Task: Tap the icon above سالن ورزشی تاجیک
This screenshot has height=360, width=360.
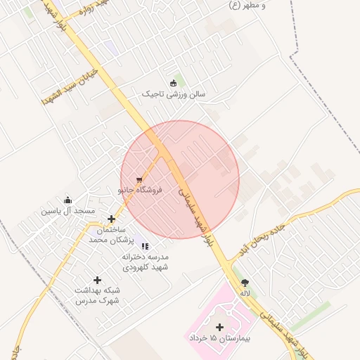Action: tap(173, 83)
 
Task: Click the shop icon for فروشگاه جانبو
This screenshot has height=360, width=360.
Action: tap(140, 179)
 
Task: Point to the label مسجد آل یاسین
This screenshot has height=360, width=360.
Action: tap(67, 210)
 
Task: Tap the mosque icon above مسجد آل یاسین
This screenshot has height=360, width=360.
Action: tap(67, 200)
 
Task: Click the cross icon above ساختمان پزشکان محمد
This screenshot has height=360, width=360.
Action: tap(111, 219)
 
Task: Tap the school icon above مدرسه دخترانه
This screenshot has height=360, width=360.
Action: tap(145, 247)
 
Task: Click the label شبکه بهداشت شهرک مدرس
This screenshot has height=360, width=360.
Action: tap(98, 295)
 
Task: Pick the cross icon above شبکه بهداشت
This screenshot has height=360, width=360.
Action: tap(97, 281)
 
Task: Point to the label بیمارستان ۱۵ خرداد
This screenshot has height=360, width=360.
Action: tap(220, 338)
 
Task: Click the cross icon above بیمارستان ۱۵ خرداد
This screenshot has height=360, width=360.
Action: tap(220, 327)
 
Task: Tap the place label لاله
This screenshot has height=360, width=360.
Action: tap(245, 293)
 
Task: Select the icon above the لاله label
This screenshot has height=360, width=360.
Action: tap(245, 283)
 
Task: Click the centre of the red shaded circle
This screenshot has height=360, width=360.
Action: tap(180, 179)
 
